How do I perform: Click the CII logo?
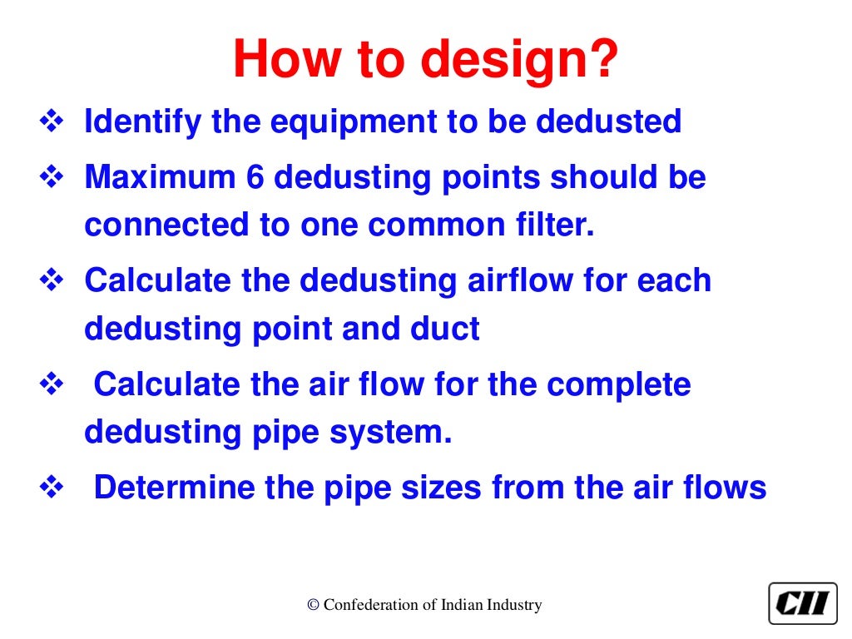(x=802, y=603)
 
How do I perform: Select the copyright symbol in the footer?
(x=313, y=605)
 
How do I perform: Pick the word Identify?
(x=142, y=122)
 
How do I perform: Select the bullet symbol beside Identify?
(x=52, y=123)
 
